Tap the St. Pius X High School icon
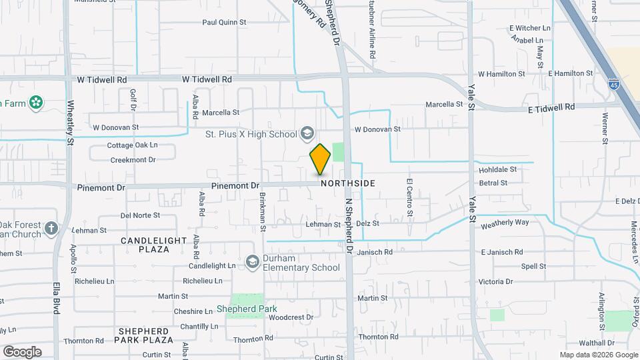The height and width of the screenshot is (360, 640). click(307, 133)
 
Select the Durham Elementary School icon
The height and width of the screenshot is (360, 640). click(252, 262)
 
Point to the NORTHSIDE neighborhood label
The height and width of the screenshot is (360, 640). click(347, 183)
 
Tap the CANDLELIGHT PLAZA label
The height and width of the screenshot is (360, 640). click(145, 244)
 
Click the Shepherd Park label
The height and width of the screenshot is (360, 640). click(246, 309)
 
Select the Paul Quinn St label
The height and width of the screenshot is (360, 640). click(224, 22)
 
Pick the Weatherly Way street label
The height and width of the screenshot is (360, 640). click(505, 222)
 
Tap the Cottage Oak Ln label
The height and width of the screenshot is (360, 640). click(132, 145)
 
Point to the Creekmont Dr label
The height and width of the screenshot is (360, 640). click(132, 159)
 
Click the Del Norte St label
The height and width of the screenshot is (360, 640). click(140, 215)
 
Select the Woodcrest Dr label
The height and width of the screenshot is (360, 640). click(291, 317)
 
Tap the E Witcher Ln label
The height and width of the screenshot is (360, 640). click(529, 28)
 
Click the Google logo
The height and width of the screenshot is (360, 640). click(22, 351)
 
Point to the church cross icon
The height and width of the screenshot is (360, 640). click(52, 229)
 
